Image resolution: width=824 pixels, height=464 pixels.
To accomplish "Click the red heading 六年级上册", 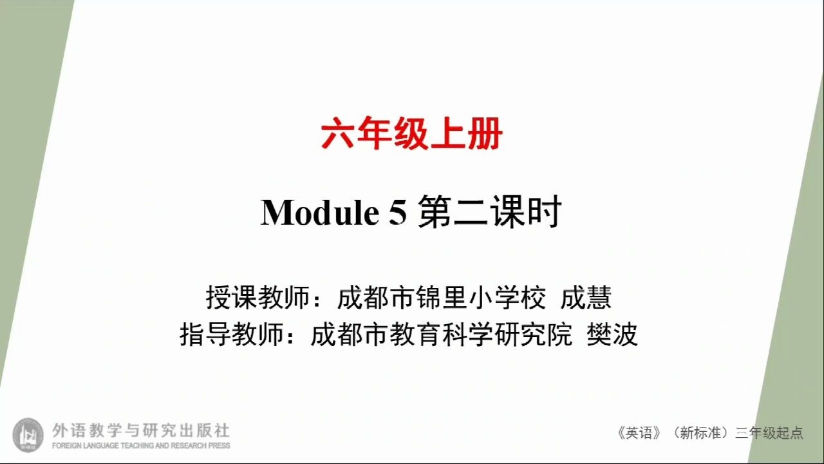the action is point(411,133).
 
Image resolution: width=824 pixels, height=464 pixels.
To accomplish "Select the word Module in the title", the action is point(320,213).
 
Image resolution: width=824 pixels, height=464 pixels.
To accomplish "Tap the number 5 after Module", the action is point(398,213).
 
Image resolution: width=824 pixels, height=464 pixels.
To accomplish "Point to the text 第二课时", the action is point(490,212).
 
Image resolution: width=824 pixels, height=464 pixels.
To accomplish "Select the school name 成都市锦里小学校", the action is point(442,298).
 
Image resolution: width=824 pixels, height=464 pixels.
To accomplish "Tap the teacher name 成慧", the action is point(586,298).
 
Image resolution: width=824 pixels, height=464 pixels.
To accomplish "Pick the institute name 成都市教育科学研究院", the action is point(442,334).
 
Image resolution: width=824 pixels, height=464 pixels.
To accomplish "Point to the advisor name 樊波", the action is point(612,334).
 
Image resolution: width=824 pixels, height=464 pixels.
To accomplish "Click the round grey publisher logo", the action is point(28,435).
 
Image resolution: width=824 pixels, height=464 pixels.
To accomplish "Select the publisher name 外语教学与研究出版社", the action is point(141,430).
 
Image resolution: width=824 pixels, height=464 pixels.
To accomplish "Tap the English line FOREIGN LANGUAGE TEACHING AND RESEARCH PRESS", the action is point(141,445).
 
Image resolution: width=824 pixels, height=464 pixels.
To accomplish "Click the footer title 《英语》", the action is point(639,433).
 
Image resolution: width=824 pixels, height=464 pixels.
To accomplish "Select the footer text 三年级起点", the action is point(769,433).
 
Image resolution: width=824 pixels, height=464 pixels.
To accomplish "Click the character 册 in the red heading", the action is point(485,133).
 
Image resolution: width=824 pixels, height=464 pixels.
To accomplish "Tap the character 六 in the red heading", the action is point(338,133).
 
